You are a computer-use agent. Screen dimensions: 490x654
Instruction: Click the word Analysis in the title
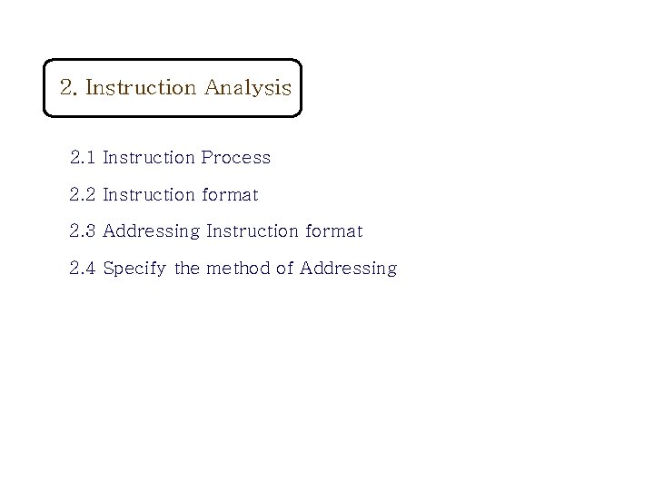coord(248,88)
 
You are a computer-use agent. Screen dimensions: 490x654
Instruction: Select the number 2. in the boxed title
coord(69,88)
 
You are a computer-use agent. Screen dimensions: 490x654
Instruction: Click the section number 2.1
coord(83,158)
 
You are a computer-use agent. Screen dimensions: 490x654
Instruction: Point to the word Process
coord(236,158)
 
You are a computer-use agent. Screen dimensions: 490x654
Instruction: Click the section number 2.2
coord(83,195)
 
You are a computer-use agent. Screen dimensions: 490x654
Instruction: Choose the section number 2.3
coord(83,231)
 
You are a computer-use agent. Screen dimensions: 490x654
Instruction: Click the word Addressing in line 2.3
coord(152,232)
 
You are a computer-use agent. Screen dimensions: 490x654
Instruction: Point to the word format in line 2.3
coord(334,231)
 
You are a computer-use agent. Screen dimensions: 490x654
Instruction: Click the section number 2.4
coord(83,269)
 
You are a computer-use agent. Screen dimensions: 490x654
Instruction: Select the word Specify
coord(135,269)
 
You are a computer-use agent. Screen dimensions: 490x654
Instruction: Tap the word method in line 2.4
coord(238,269)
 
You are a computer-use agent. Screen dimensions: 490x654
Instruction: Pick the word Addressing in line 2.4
coord(348,269)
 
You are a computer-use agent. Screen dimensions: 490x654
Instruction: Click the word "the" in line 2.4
coord(187,269)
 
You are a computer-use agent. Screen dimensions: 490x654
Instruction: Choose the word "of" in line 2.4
coord(285,269)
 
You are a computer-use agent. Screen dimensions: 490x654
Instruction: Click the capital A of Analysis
coord(213,88)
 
